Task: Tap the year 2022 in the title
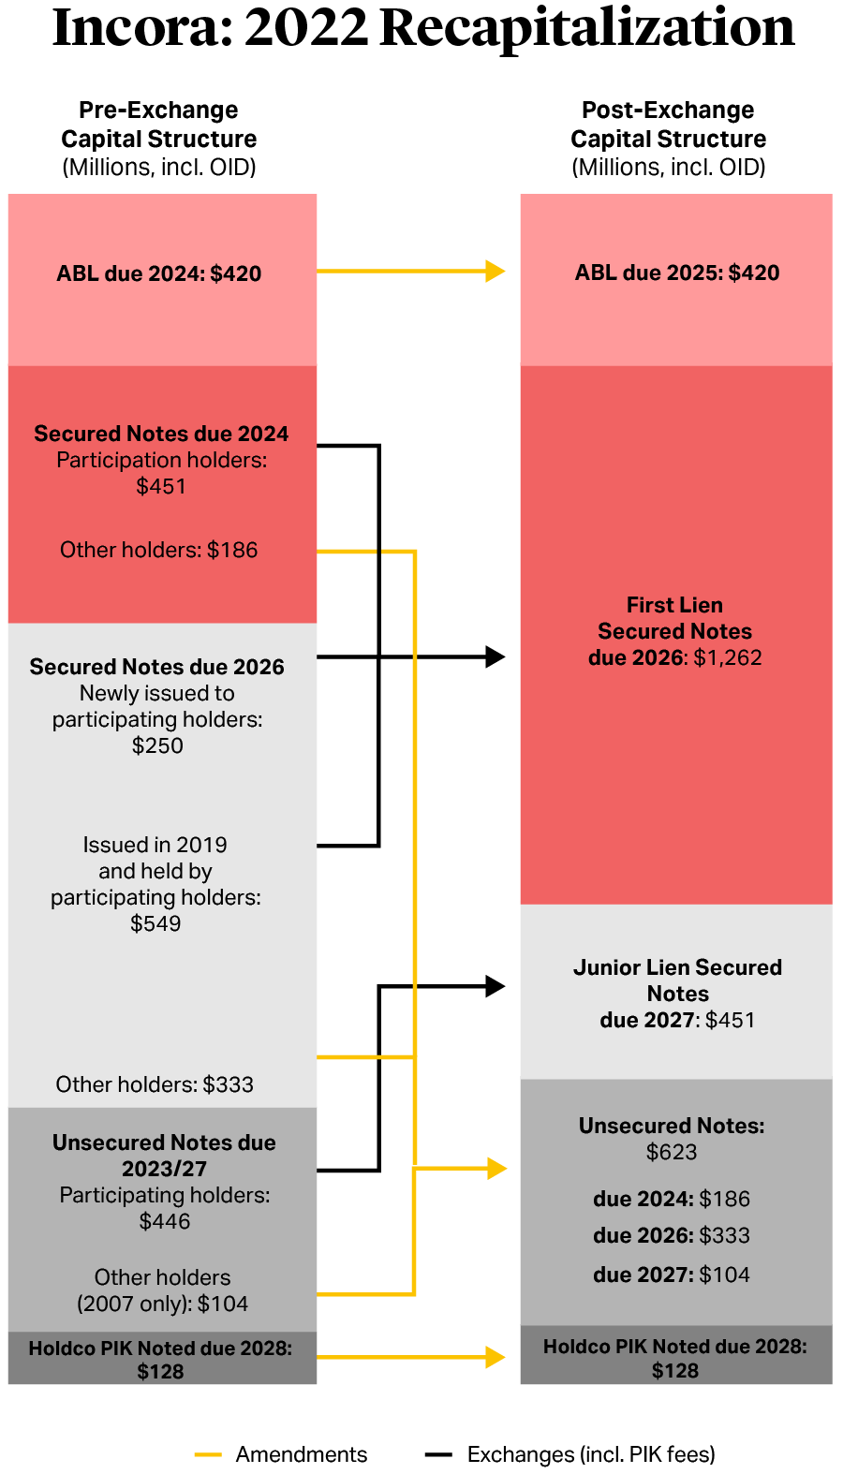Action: tap(306, 28)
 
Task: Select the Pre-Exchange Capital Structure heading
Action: tap(158, 125)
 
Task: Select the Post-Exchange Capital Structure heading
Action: tap(668, 125)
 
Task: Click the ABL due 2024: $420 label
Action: tap(159, 273)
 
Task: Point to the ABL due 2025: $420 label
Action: tap(677, 273)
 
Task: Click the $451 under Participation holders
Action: tap(161, 486)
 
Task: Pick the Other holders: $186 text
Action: tap(159, 550)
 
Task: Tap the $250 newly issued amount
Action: tap(157, 745)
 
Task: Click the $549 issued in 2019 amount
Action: tap(155, 923)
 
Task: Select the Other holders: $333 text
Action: tap(155, 1084)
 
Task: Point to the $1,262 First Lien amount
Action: tap(728, 657)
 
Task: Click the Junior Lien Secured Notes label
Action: tap(677, 980)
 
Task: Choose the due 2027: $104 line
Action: tap(672, 1275)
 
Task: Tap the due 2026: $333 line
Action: tap(672, 1235)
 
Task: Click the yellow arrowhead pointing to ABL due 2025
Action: tap(495, 272)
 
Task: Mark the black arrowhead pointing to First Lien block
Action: tap(495, 657)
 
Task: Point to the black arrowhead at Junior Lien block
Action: tap(495, 986)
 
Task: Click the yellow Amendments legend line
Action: tap(208, 1454)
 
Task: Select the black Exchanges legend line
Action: tap(438, 1454)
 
